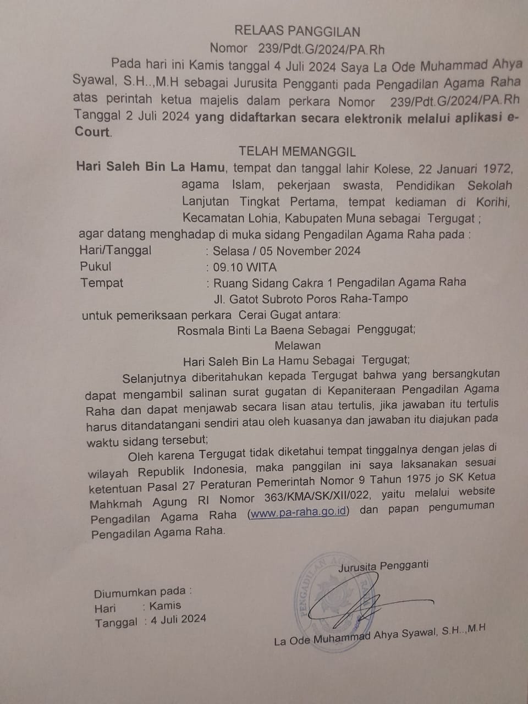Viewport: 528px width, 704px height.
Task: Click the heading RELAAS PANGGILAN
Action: (x=297, y=31)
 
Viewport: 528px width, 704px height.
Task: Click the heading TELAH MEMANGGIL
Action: (x=297, y=151)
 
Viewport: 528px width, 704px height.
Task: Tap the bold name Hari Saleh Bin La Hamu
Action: (x=150, y=166)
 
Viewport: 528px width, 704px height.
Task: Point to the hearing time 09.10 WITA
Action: (x=245, y=268)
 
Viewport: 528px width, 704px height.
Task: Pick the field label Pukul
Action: (x=96, y=267)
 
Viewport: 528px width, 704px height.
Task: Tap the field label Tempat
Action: (x=102, y=283)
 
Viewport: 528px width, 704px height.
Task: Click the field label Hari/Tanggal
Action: (x=115, y=250)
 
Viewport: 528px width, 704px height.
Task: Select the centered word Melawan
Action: (x=298, y=345)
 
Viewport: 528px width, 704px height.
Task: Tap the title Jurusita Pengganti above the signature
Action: (x=383, y=565)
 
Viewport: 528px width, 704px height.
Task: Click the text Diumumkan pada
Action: (x=142, y=593)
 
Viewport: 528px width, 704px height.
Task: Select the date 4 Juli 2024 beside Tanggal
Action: (x=178, y=619)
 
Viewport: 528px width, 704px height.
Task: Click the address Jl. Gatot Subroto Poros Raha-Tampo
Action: (x=311, y=299)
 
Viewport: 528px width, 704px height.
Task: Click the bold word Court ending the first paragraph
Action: (x=92, y=132)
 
